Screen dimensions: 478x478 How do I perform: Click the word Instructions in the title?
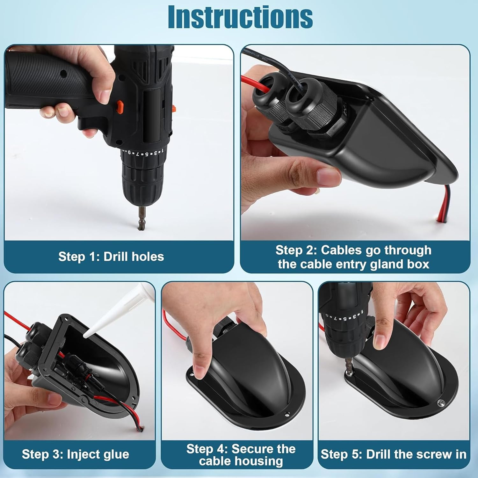240,17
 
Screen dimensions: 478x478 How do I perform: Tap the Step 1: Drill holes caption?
111,257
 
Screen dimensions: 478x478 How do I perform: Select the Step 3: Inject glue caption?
76,454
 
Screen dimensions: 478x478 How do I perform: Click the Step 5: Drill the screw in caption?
394,454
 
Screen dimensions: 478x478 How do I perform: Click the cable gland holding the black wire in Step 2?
303,102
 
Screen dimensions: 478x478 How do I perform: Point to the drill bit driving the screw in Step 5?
350,365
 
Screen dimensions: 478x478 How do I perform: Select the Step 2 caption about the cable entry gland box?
354,257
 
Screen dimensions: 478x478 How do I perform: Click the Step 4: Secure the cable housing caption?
241,455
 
